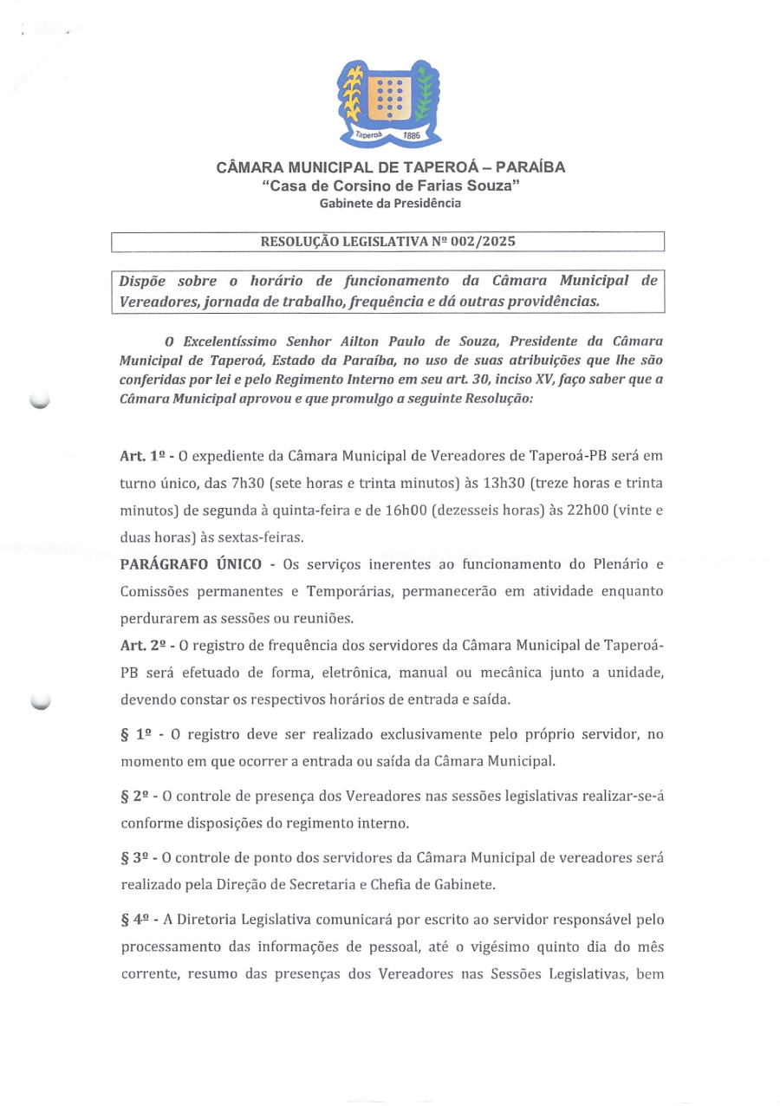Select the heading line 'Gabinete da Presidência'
coord(390,203)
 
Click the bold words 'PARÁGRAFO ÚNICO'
coord(191,565)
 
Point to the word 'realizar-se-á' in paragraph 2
coord(623,795)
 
